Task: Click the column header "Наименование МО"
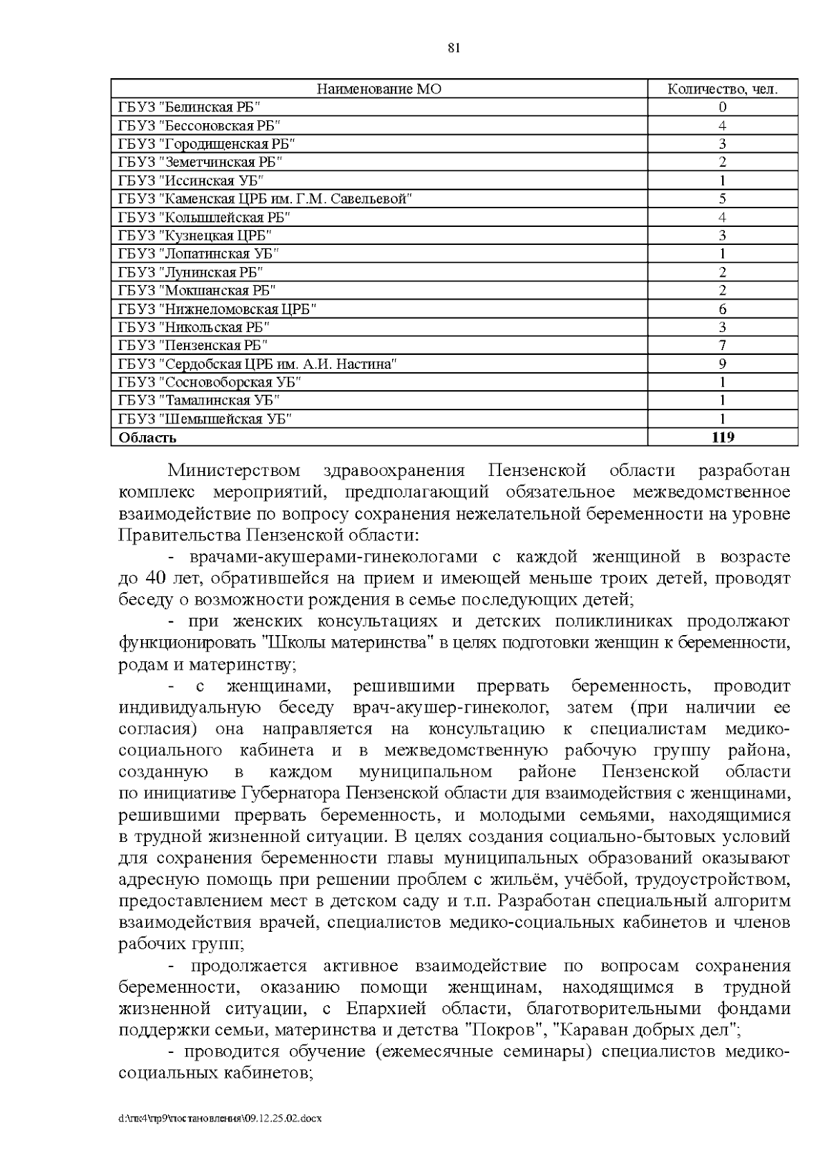pos(379,89)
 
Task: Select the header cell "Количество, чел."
pos(722,89)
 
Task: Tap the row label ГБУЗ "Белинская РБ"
pos(190,107)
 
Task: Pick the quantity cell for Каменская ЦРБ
pos(722,199)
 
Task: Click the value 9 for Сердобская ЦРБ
pos(722,364)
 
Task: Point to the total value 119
pos(722,437)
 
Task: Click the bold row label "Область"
pos(147,438)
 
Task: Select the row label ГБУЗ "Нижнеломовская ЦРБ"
pos(218,309)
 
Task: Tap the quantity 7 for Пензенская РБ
pos(722,345)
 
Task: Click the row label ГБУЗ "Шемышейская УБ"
pos(205,419)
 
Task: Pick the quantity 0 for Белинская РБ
pos(722,107)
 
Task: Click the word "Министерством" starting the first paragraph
pos(234,472)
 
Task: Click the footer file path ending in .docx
pos(220,1119)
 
